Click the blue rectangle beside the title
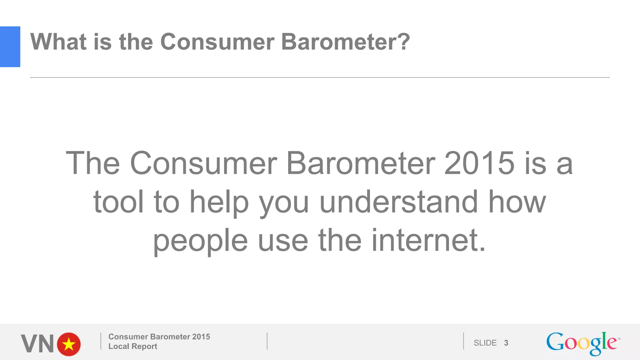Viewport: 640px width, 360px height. [10, 47]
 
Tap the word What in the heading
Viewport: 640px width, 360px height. [58, 42]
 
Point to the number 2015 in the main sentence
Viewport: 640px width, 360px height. [479, 163]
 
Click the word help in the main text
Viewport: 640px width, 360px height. [219, 202]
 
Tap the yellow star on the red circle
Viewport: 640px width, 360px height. [69, 344]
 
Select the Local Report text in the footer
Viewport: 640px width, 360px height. [132, 346]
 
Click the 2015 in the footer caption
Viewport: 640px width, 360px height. [201, 337]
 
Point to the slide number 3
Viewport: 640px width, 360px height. [506, 343]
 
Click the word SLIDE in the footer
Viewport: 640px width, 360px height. [485, 343]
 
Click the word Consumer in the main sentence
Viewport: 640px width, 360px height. [203, 163]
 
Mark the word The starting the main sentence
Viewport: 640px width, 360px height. [93, 163]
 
